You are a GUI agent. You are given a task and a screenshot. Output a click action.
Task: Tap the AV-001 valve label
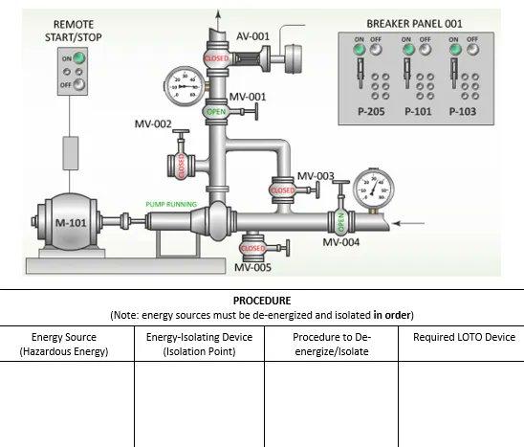253,36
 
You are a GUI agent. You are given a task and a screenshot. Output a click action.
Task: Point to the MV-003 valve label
316,176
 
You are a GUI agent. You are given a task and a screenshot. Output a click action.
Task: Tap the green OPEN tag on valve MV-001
216,112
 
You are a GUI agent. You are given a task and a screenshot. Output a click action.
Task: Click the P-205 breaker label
367,111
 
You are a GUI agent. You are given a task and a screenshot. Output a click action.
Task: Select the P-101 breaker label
418,111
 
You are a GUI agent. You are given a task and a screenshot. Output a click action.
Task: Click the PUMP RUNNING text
171,204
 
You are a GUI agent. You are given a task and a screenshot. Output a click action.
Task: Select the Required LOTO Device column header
464,337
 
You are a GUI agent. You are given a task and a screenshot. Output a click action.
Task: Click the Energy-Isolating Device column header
199,344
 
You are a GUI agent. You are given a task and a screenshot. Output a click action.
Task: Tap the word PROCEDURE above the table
261,300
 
